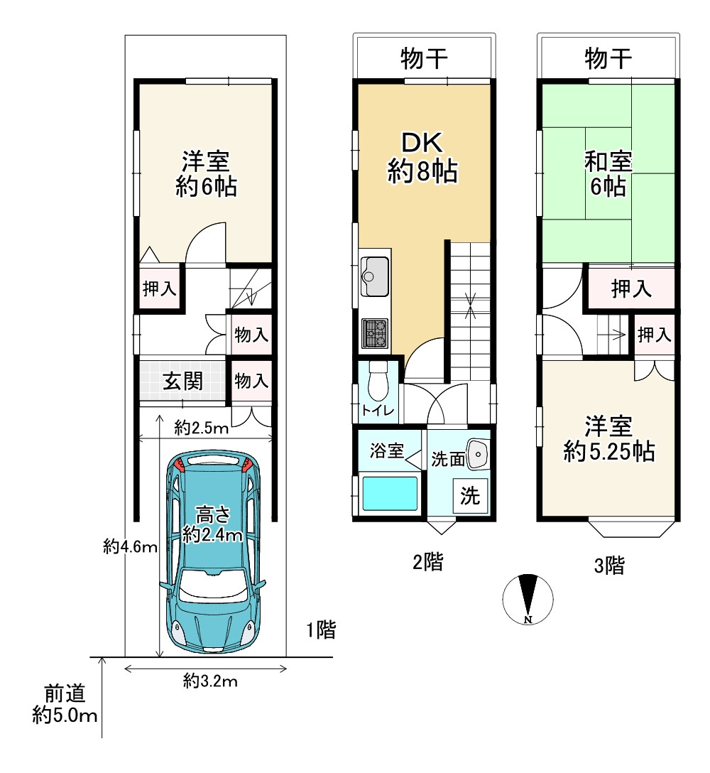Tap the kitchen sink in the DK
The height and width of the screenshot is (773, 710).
(375, 276)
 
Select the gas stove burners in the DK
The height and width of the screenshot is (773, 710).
(375, 333)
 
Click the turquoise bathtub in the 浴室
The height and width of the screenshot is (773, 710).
(390, 493)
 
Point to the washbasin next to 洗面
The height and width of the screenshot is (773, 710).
(476, 453)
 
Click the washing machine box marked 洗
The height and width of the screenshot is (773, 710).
(470, 495)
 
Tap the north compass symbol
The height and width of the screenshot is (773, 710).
(528, 599)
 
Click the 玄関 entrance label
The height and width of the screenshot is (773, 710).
(182, 381)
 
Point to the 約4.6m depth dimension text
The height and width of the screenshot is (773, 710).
(130, 546)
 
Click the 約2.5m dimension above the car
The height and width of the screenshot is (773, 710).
(202, 428)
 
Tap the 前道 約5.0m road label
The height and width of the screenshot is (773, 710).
(65, 705)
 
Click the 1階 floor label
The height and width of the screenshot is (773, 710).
(321, 629)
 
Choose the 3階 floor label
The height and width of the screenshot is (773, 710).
(609, 565)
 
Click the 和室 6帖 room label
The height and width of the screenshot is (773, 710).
(608, 174)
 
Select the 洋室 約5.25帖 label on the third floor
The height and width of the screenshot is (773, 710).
(609, 439)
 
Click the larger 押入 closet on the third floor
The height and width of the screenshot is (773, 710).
(631, 288)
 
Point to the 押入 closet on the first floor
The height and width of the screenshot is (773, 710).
(159, 288)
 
